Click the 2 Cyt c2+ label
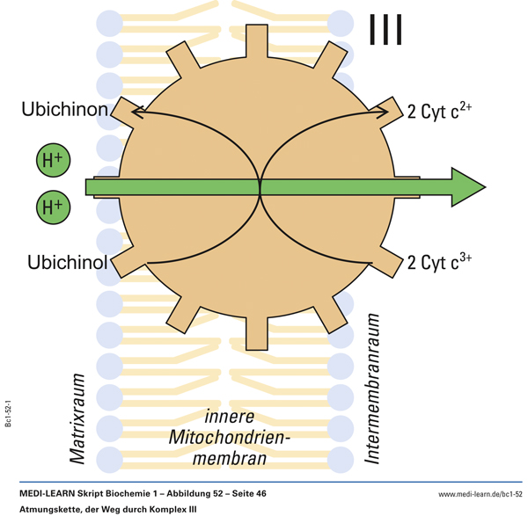pyautogui.click(x=441, y=111)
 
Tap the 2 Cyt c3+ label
pyautogui.click(x=441, y=262)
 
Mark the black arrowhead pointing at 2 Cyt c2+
pyautogui.click(x=386, y=112)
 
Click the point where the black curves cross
pyautogui.click(x=260, y=186)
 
